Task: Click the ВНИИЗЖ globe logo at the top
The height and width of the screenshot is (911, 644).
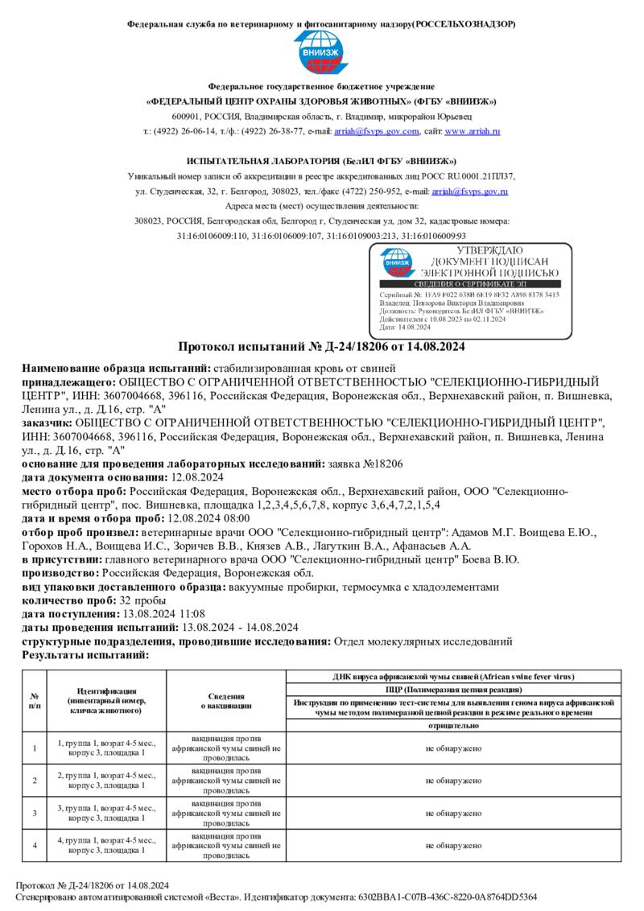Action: pyautogui.click(x=321, y=54)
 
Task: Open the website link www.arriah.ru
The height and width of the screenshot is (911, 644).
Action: pyautogui.click(x=473, y=131)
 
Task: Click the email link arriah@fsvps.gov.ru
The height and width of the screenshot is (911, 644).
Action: pyautogui.click(x=469, y=192)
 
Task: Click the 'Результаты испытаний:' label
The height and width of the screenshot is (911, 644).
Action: pyautogui.click(x=85, y=655)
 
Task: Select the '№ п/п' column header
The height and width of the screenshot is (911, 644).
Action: pyautogui.click(x=35, y=700)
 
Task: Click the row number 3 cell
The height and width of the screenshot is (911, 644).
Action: pyautogui.click(x=35, y=813)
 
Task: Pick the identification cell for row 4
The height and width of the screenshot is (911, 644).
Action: pyautogui.click(x=106, y=845)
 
